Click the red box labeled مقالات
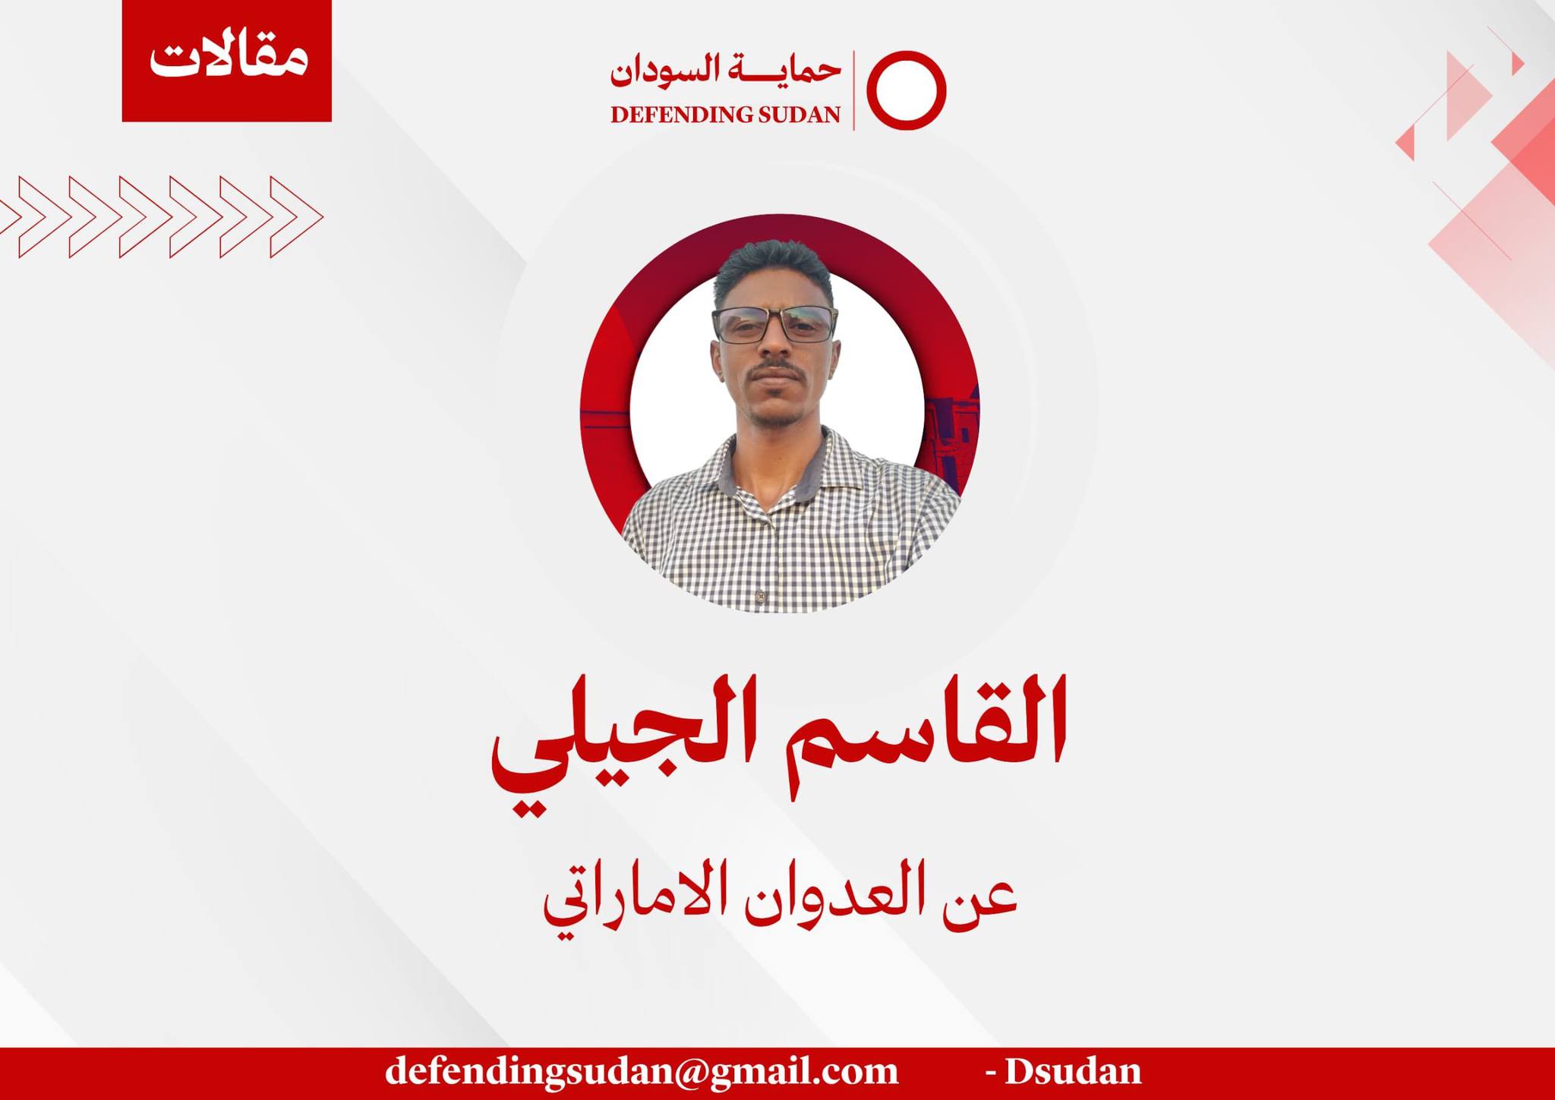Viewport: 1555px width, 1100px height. [226, 61]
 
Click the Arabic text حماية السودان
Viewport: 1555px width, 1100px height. [726, 71]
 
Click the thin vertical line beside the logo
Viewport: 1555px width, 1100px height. [854, 90]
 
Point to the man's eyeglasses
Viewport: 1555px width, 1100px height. [774, 324]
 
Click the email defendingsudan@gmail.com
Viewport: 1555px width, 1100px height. [642, 1071]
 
